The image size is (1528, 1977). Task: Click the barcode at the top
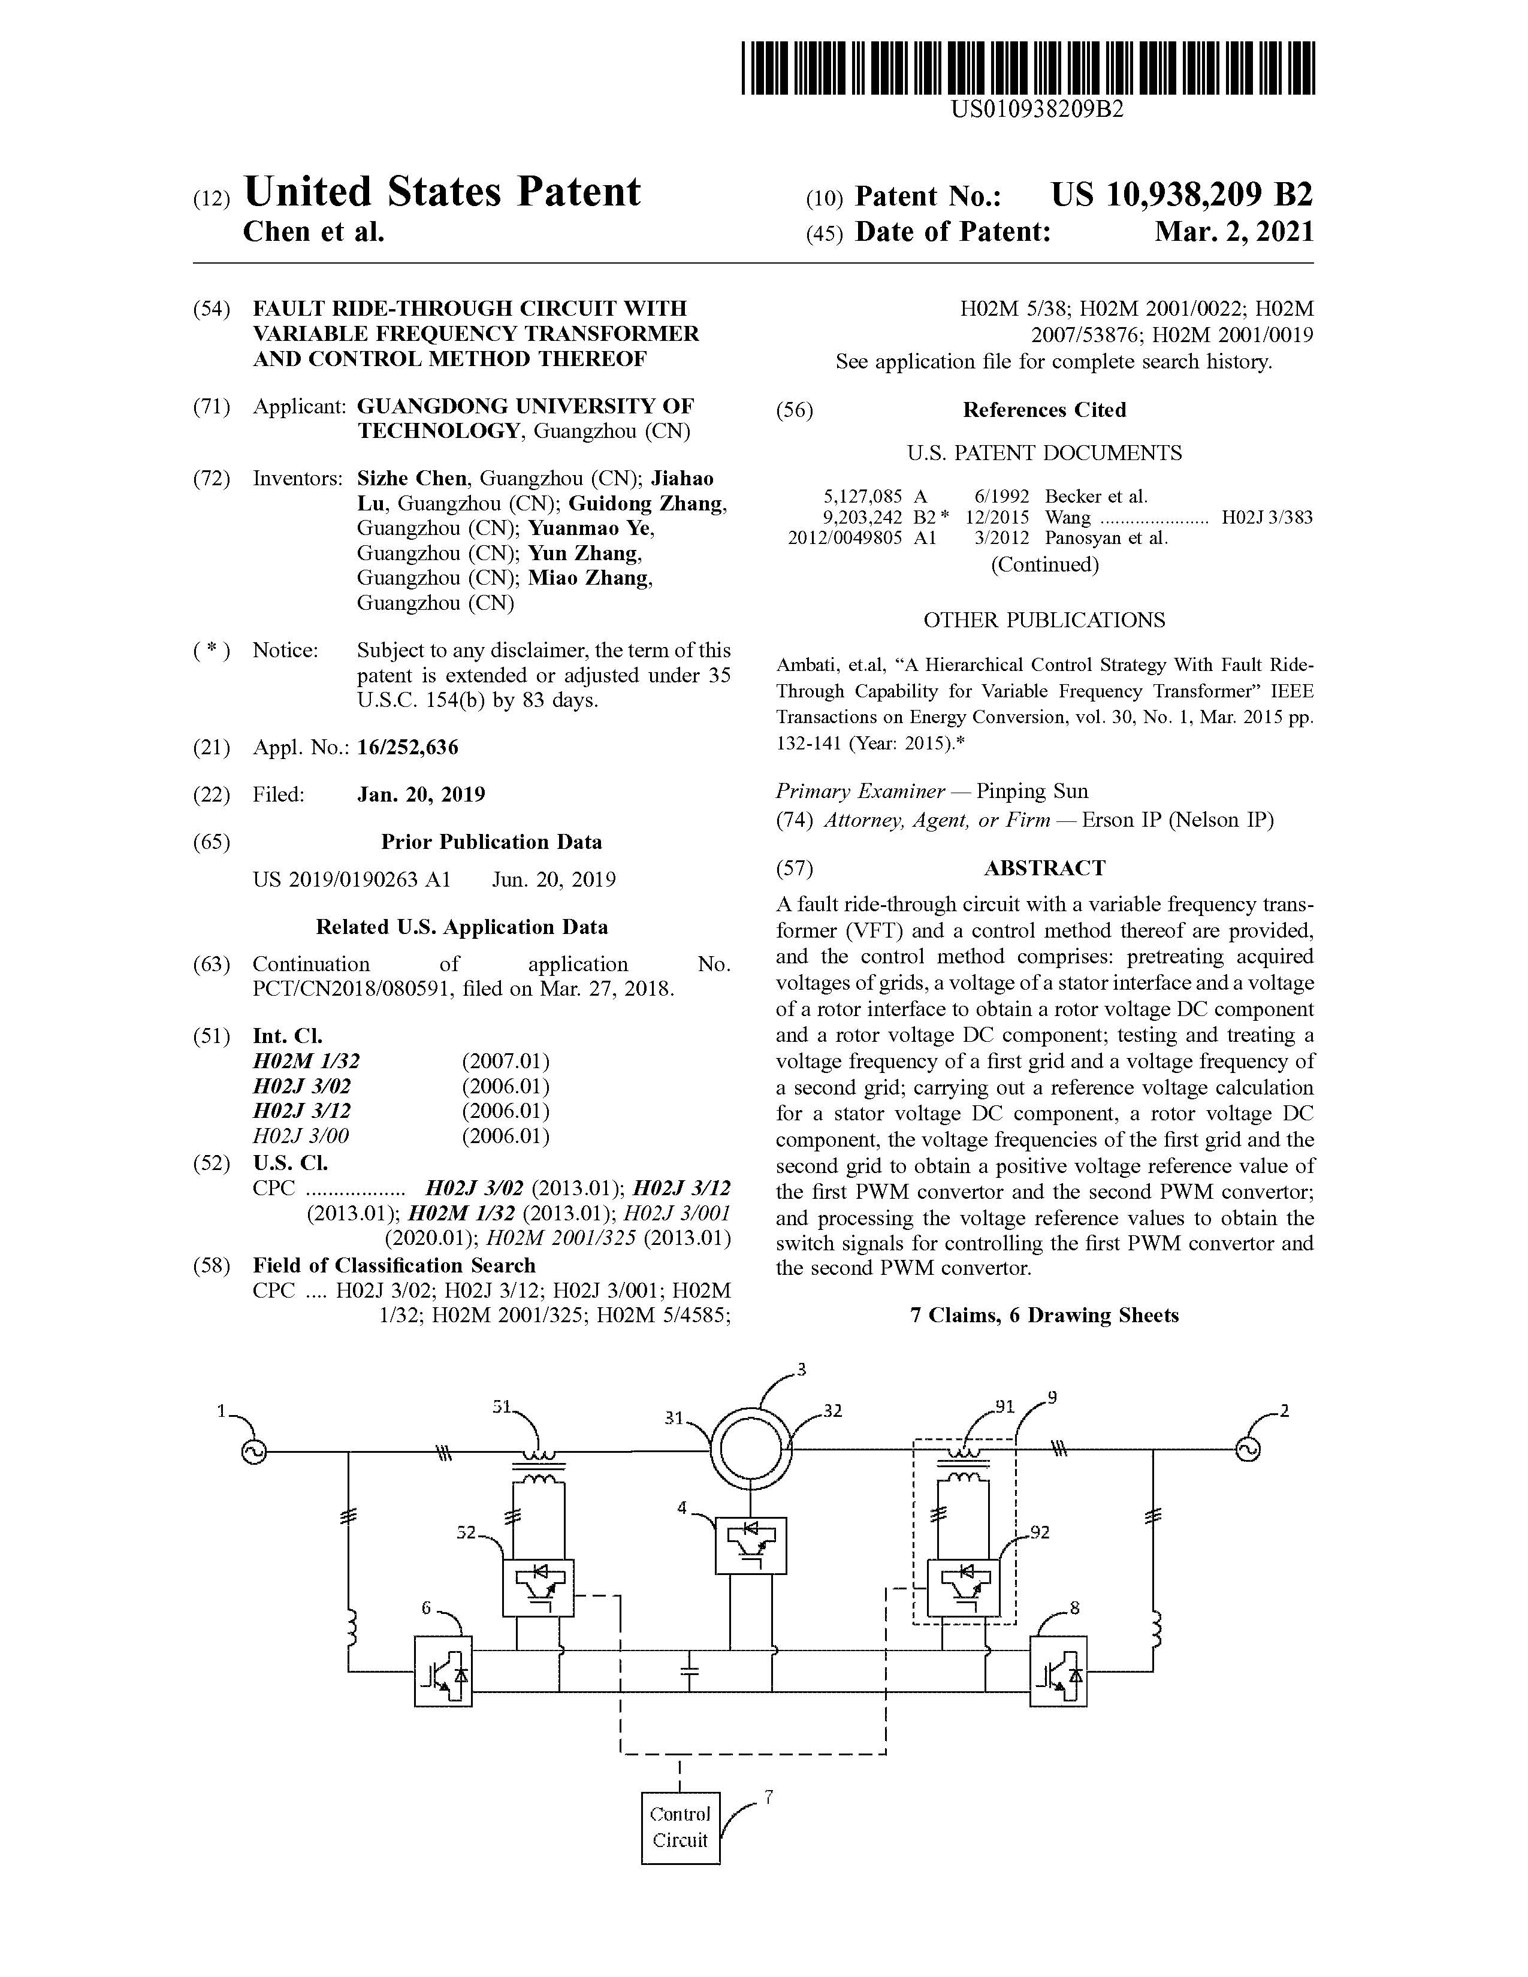tap(1028, 68)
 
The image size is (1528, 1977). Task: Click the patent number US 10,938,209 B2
tap(1181, 195)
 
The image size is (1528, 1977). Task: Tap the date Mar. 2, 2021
tap(1234, 232)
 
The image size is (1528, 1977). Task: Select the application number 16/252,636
tap(407, 747)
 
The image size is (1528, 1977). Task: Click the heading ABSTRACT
tap(1044, 868)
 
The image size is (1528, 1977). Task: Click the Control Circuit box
tap(680, 1828)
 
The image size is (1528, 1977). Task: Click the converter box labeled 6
tap(443, 1671)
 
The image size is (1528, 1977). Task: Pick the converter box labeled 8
tap(1058, 1671)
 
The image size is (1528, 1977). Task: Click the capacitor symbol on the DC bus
tap(689, 1671)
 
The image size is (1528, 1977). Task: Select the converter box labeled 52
tap(537, 1587)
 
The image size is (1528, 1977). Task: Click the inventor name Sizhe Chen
tap(412, 478)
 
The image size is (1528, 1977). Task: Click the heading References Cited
tap(1044, 410)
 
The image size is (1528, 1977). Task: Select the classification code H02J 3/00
tap(301, 1135)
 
